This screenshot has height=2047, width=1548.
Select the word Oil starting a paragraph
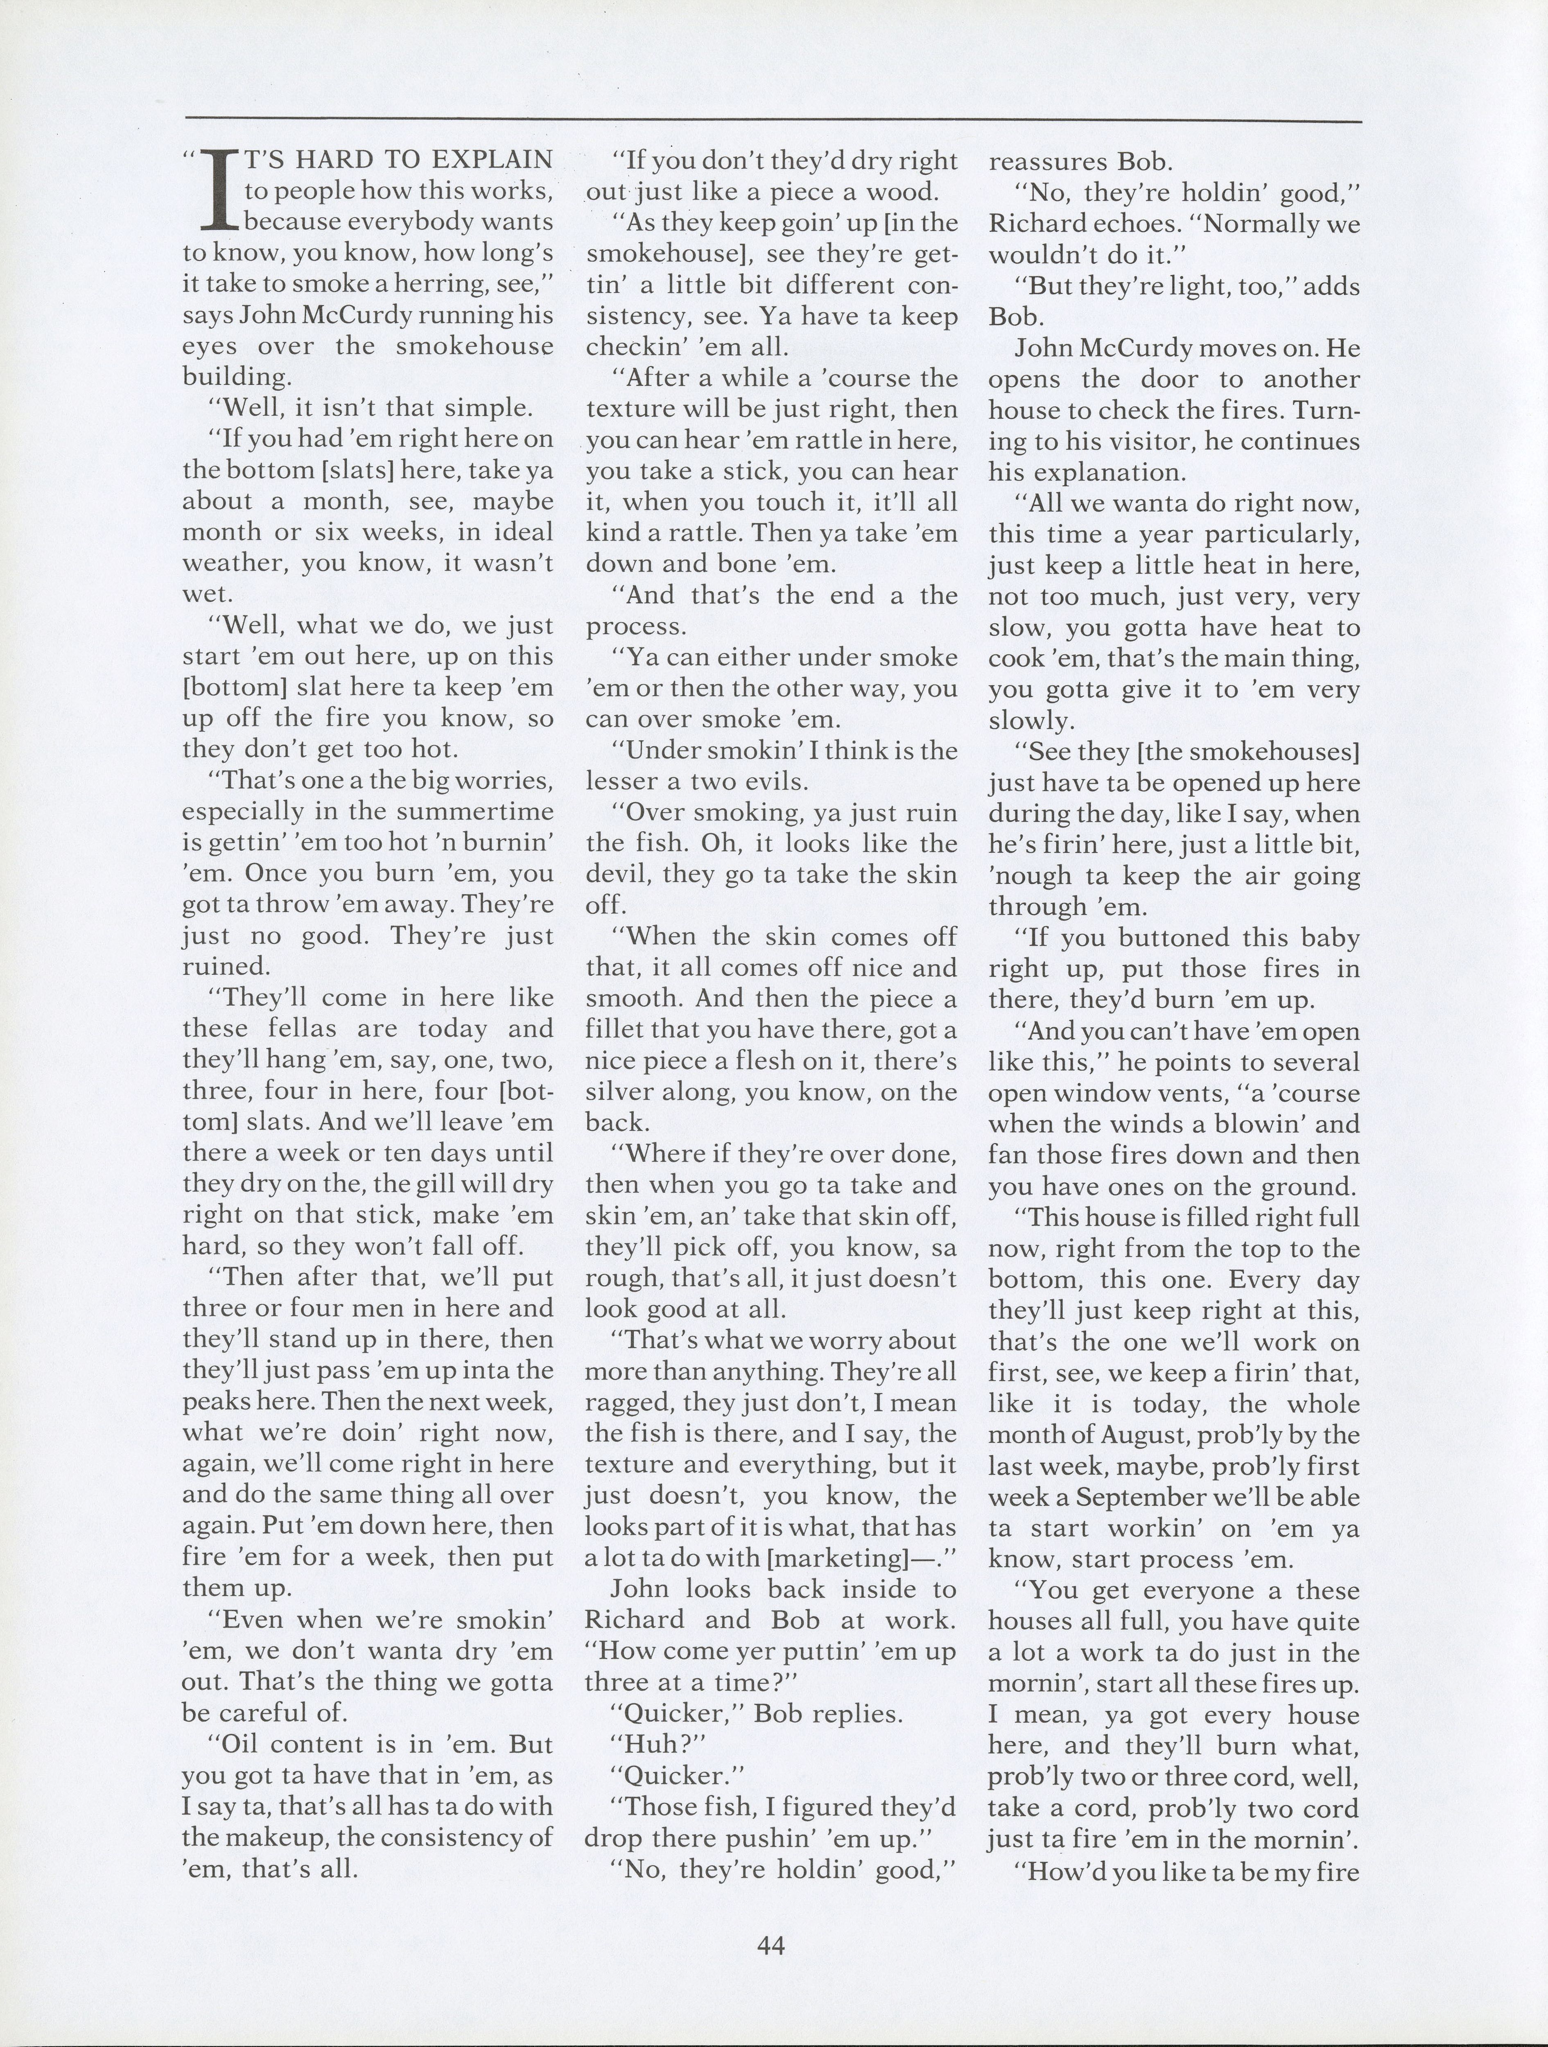click(233, 1744)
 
